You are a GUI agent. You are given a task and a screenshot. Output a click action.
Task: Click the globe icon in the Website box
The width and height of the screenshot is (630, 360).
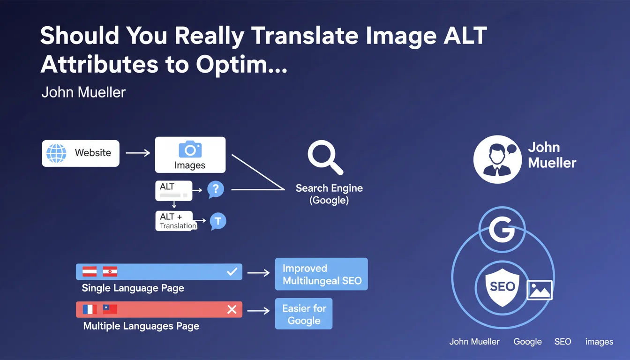tap(56, 153)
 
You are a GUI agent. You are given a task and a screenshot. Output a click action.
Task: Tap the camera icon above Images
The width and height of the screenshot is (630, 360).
tap(190, 149)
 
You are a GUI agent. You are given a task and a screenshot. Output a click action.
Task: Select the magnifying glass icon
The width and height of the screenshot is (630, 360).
tap(325, 157)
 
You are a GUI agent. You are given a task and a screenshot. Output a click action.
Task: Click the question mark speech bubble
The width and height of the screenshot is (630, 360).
tap(216, 189)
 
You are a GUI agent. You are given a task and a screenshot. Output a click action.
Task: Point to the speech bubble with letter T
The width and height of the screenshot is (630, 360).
tap(218, 221)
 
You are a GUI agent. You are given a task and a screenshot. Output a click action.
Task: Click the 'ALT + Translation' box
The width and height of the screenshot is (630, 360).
tap(176, 221)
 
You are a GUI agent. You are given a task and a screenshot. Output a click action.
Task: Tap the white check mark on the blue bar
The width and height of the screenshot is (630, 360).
tap(232, 272)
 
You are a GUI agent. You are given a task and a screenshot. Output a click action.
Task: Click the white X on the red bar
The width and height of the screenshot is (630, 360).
tap(232, 309)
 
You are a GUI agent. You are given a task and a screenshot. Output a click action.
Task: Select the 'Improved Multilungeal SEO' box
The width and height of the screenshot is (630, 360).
tap(322, 274)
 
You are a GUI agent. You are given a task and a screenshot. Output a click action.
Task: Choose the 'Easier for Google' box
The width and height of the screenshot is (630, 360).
tap(304, 314)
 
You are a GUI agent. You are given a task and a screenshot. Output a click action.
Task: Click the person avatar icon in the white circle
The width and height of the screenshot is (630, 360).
tap(497, 159)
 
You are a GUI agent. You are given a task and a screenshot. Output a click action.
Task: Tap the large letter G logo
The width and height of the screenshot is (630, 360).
tap(502, 230)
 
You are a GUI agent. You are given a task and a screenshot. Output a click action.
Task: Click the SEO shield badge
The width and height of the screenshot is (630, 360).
tap(502, 287)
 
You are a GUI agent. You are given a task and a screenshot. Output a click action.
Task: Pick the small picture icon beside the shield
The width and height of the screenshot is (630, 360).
tap(540, 290)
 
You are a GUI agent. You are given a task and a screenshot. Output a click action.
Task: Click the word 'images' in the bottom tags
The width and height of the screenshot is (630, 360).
tap(599, 342)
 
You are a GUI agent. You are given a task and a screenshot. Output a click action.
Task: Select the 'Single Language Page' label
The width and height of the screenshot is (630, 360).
tap(133, 288)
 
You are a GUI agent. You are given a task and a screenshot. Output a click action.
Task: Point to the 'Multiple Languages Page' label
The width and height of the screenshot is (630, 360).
tap(141, 326)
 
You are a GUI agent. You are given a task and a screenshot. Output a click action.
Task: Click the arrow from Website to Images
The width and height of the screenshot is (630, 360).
tap(138, 153)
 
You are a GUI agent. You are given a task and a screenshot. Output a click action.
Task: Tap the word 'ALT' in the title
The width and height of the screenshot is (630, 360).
tap(465, 36)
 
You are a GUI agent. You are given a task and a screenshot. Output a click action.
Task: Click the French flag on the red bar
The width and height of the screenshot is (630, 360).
tap(90, 309)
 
